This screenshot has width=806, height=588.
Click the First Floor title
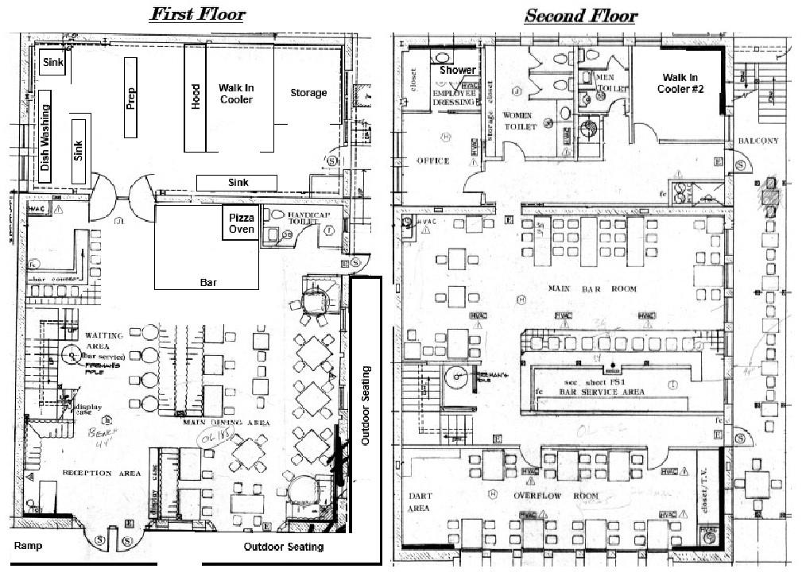198,14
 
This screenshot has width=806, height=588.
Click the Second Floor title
581,15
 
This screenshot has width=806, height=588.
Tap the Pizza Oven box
242,224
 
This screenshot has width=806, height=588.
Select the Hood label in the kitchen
196,97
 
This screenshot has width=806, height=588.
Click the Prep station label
131,97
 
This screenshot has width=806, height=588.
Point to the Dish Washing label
45,139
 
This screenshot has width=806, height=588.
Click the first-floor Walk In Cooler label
236,93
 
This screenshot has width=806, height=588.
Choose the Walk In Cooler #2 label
680,83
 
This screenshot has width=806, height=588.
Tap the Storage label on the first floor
308,93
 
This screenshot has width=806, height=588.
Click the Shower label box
458,70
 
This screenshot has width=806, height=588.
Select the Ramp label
28,546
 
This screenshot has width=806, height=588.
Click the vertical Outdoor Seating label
366,406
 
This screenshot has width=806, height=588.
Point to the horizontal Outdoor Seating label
283,547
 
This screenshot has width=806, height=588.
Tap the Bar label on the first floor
207,282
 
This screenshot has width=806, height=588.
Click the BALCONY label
758,141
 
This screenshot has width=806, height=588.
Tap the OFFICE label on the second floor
433,161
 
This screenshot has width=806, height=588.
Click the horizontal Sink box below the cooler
237,183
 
